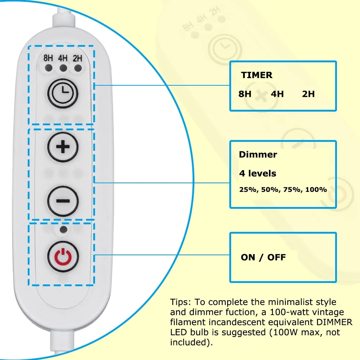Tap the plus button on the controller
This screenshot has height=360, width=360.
[x=63, y=147]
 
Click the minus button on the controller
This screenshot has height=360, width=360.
[x=63, y=201]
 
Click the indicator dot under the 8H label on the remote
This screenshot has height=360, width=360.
[x=49, y=68]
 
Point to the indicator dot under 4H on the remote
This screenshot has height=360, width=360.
[x=63, y=68]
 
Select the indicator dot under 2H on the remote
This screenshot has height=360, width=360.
[x=78, y=68]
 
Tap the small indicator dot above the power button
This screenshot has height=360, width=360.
[x=63, y=229]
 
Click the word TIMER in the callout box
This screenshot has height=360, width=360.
[x=257, y=75]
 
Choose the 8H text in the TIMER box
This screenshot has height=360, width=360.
[x=245, y=94]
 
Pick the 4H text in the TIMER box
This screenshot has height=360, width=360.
[x=277, y=94]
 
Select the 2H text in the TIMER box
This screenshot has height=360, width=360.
[x=309, y=94]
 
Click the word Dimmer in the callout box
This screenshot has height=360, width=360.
[x=258, y=154]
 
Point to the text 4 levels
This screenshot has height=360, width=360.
[x=258, y=174]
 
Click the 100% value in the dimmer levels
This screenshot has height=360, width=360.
[x=316, y=190]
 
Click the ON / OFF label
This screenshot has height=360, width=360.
[x=264, y=257]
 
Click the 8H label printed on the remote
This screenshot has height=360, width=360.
[x=48, y=58]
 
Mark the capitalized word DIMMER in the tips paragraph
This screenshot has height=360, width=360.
[x=334, y=322]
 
